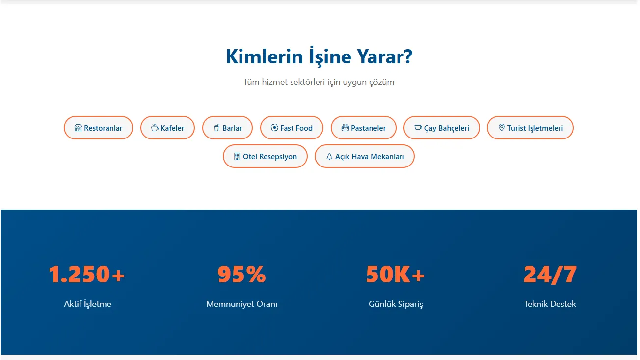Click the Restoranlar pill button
tap(98, 128)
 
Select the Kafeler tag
tap(167, 128)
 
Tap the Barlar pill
tap(227, 128)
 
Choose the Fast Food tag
tap(292, 128)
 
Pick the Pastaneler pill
tap(363, 128)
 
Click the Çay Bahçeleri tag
tap(441, 128)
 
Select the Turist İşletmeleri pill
tap(530, 128)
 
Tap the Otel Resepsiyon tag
tap(265, 156)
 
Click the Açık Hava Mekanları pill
tap(364, 156)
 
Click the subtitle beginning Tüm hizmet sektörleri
tap(319, 82)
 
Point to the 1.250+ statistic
tap(87, 275)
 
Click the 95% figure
tap(241, 275)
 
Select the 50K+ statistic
tap(395, 275)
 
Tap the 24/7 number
tap(550, 275)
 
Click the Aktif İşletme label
tap(87, 304)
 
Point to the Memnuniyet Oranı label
tap(241, 304)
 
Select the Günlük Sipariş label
tap(396, 304)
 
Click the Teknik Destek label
tap(550, 304)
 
